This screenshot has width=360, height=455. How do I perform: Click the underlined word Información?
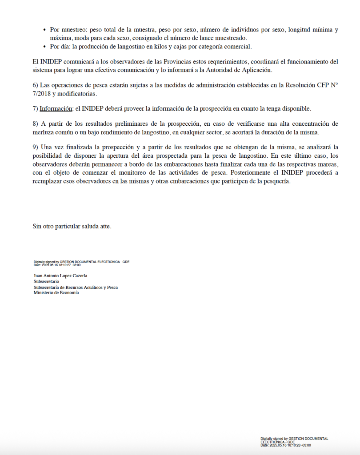pyautogui.click(x=56, y=109)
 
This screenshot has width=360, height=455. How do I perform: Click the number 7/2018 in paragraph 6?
pyautogui.click(x=43, y=94)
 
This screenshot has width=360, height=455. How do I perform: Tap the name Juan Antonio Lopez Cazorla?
pyautogui.click(x=60, y=276)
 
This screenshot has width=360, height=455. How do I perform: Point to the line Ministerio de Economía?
pyautogui.click(x=56, y=293)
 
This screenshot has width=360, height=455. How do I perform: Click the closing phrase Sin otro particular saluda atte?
pyautogui.click(x=72, y=227)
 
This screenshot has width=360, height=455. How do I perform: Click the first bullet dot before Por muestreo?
pyautogui.click(x=44, y=30)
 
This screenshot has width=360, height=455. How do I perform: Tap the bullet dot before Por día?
pyautogui.click(x=44, y=47)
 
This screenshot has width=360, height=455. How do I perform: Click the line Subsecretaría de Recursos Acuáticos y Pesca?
pyautogui.click(x=76, y=287)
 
